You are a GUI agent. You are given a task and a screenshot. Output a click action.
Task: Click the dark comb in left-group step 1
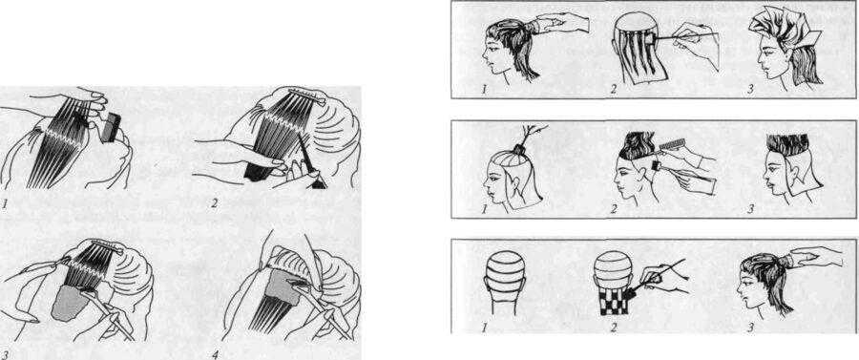click(x=113, y=127)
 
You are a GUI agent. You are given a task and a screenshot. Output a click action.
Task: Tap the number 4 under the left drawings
click(x=215, y=354)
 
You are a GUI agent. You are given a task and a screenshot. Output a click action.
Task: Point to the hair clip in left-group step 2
click(x=306, y=96)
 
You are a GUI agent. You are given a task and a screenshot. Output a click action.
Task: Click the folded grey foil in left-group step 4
click(x=283, y=286)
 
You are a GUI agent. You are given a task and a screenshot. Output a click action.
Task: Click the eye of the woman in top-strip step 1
click(x=492, y=47)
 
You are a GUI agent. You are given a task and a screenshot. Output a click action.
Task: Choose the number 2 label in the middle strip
click(x=614, y=209)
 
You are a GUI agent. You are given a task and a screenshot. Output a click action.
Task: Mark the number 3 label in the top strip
click(x=751, y=90)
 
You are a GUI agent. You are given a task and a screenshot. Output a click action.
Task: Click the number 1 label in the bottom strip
click(x=484, y=328)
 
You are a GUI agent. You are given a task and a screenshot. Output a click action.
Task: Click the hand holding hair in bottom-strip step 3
click(x=815, y=258)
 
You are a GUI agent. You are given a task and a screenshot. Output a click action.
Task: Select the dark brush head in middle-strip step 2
click(x=656, y=164)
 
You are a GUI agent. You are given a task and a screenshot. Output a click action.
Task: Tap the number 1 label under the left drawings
click(x=5, y=203)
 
